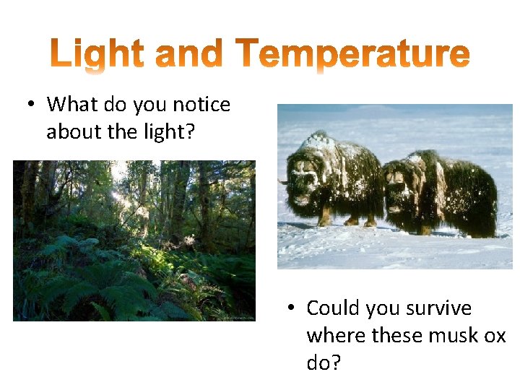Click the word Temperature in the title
353,56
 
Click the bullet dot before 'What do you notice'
31,105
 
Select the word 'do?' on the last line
323,363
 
